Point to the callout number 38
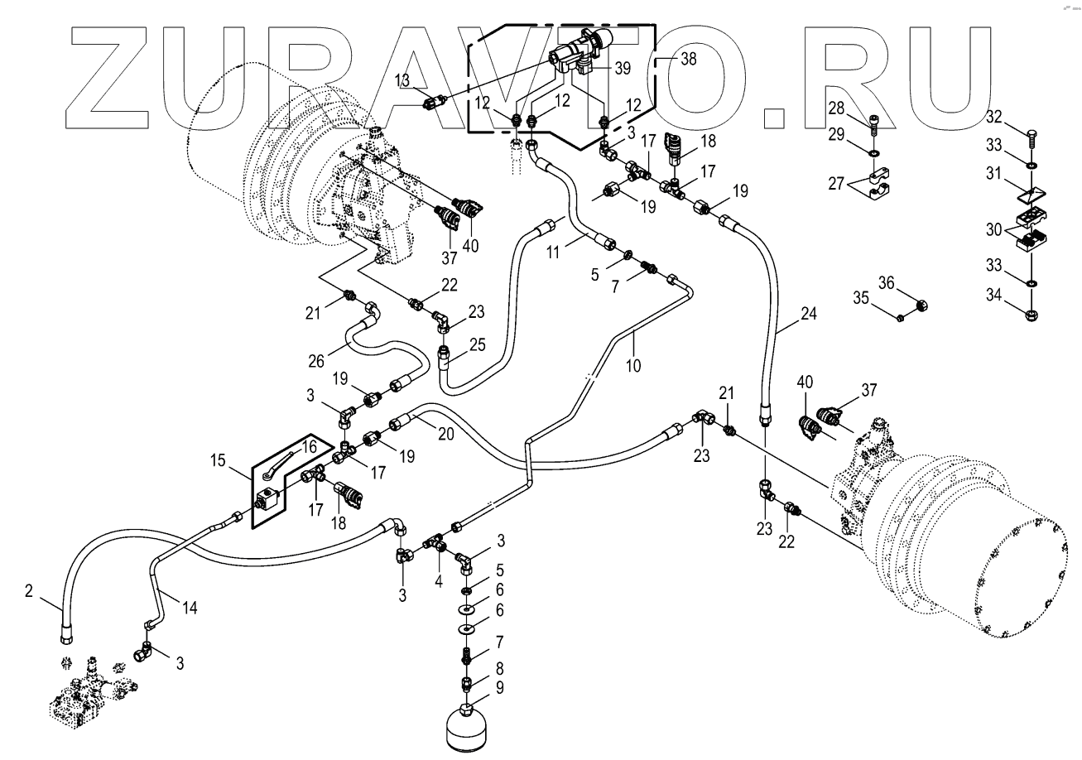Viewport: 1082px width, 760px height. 688,59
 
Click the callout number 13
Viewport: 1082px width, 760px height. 402,79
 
